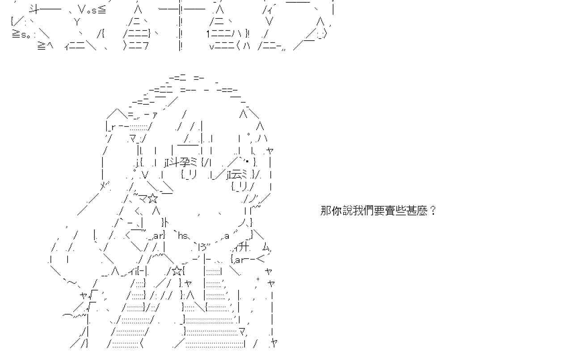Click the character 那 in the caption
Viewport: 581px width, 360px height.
tap(325, 211)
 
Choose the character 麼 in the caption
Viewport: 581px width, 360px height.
tap(425, 211)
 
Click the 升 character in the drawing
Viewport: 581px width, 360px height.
tap(244, 248)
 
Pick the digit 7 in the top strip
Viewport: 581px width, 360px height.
tap(145, 45)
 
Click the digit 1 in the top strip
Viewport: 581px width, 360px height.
tap(208, 34)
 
